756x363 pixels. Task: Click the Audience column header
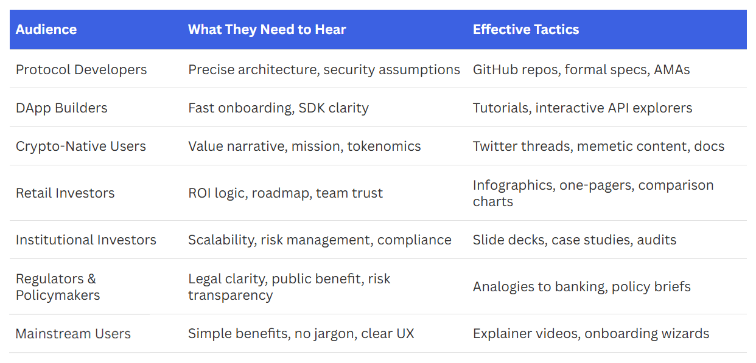point(46,30)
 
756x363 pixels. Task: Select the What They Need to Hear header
point(267,30)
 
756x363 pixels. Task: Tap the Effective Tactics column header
point(526,30)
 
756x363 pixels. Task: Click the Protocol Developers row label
point(82,70)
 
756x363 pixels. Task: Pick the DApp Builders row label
point(61,108)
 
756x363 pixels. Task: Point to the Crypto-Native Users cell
point(81,147)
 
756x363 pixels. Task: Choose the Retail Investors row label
point(65,193)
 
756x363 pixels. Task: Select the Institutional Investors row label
point(86,240)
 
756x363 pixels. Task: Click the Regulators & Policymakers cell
point(58,287)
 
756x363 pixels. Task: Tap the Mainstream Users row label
point(73,334)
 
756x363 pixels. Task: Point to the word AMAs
point(671,70)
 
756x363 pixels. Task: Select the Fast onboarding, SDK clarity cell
point(278,108)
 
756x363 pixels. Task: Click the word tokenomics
point(384,147)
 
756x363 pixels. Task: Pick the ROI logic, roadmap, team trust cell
point(285,193)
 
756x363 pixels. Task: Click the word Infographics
point(513,185)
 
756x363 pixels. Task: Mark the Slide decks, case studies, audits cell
point(575,240)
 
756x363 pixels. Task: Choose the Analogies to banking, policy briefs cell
point(581,287)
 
